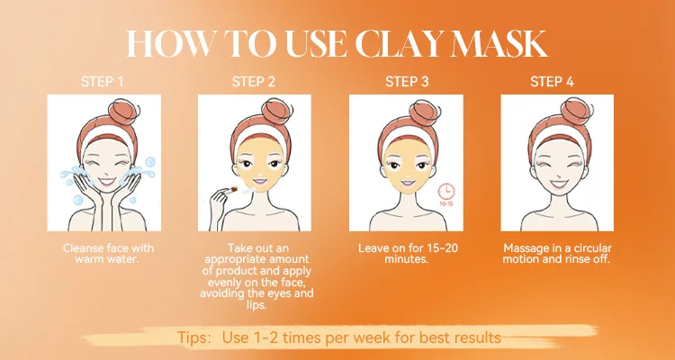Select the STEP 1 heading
[x=102, y=82]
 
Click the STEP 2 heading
[x=254, y=82]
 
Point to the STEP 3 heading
[x=407, y=82]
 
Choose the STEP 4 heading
[x=552, y=82]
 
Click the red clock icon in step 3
[x=446, y=192]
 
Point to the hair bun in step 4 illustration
[x=576, y=110]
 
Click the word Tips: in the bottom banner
[x=194, y=337]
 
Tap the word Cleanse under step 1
[x=82, y=248]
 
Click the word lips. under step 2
[x=257, y=306]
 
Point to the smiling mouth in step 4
[x=559, y=184]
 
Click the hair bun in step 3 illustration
[x=425, y=112]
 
